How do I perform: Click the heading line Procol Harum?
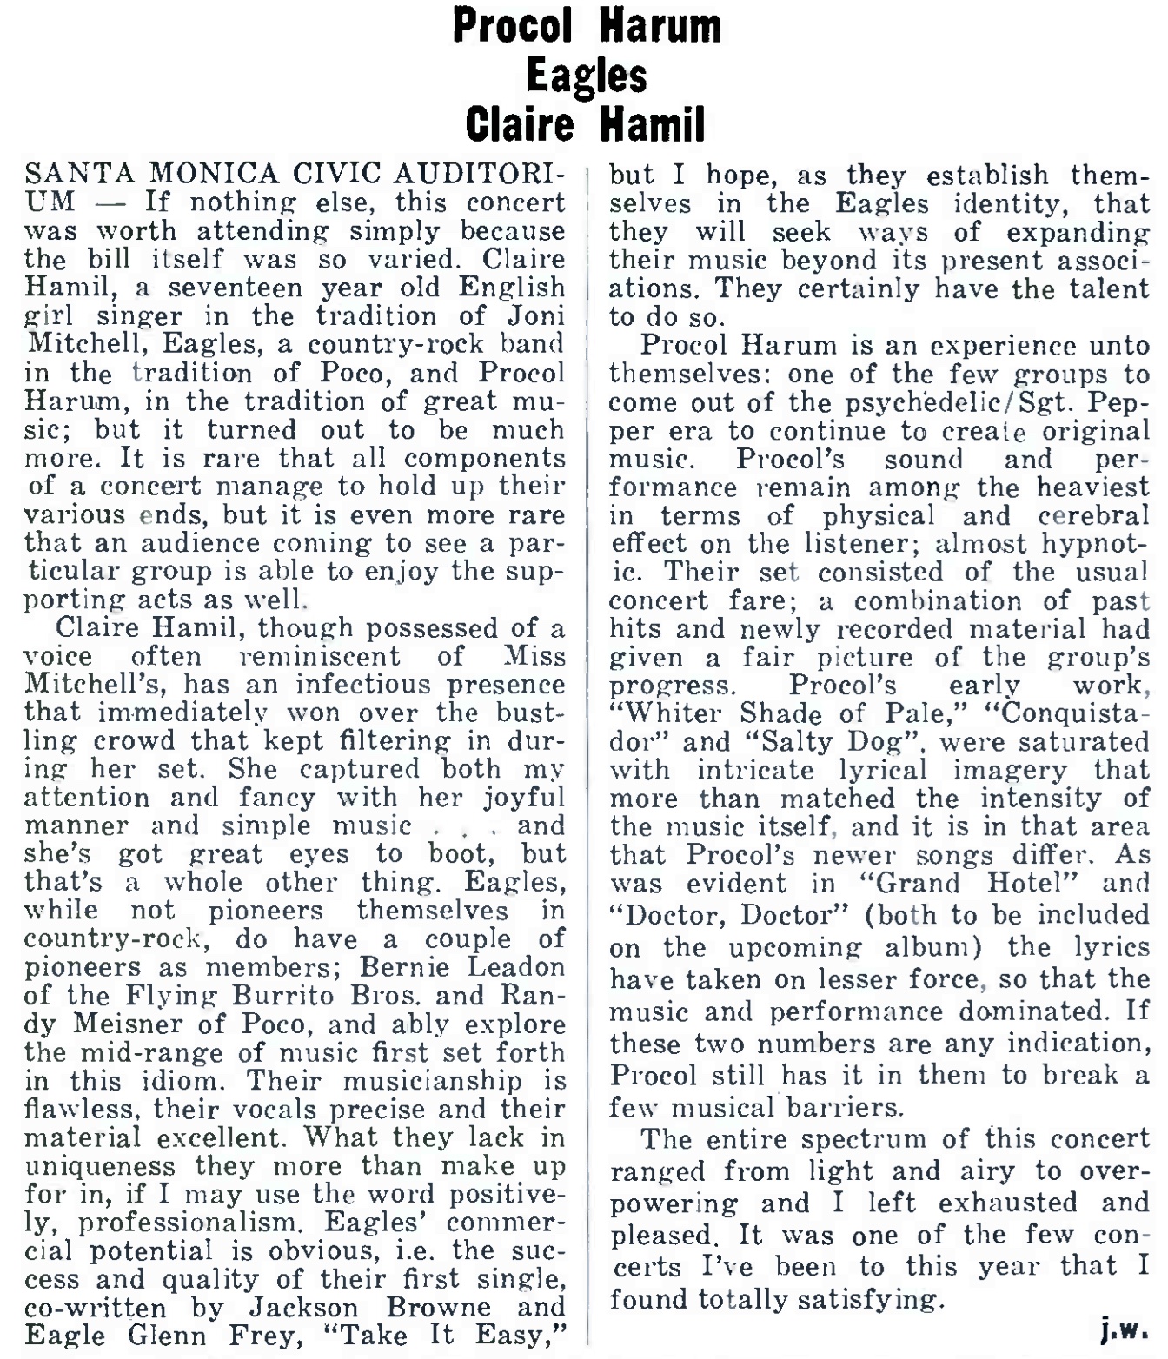[587, 26]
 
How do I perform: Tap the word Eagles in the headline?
[587, 76]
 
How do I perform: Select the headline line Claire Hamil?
[585, 123]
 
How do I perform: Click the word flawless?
[77, 1109]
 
